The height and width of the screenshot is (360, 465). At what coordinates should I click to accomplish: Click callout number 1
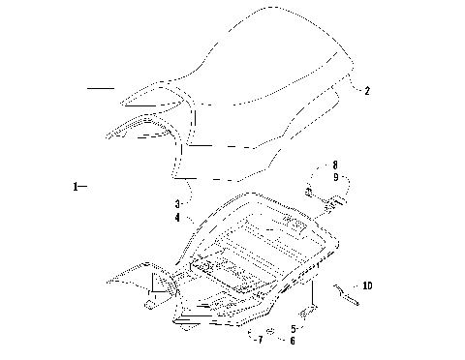click(x=75, y=184)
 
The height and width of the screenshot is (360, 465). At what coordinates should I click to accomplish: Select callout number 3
click(x=177, y=204)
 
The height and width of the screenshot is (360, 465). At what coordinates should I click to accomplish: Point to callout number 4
click(x=177, y=219)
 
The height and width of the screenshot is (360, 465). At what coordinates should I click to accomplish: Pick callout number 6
click(x=294, y=341)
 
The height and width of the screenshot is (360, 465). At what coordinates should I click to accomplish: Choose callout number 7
click(x=260, y=341)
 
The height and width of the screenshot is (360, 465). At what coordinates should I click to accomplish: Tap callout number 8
click(x=334, y=165)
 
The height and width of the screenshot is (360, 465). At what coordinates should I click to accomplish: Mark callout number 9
click(x=334, y=177)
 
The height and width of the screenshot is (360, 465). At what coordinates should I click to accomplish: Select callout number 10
click(x=366, y=285)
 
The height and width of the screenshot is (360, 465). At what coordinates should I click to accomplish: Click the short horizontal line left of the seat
click(x=100, y=88)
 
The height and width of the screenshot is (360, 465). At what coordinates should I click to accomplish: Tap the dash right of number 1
click(x=83, y=184)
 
